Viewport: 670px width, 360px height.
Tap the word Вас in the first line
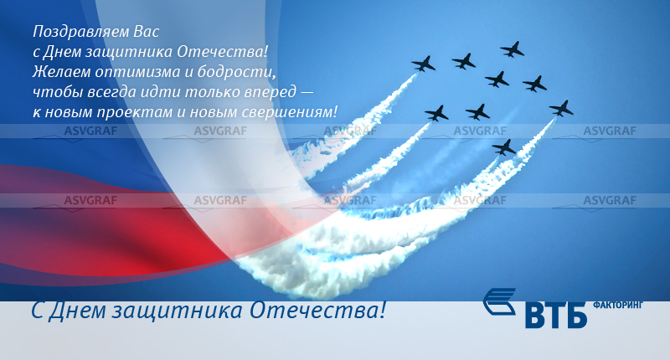[147, 32]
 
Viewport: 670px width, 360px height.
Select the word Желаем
[61, 71]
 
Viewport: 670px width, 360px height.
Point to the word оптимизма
[137, 72]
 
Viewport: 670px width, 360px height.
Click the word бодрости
[237, 71]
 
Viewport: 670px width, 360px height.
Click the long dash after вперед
[307, 92]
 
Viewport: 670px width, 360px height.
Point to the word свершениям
[289, 112]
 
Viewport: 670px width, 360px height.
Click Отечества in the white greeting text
[222, 52]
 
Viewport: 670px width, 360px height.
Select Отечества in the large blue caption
[317, 310]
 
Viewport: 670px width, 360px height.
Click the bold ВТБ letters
[555, 315]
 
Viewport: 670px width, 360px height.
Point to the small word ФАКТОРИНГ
[618, 305]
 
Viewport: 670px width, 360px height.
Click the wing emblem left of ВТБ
[499, 301]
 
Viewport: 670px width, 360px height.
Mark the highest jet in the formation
[513, 49]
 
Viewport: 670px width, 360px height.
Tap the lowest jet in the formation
[504, 147]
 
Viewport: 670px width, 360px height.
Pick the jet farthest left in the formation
[424, 64]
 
